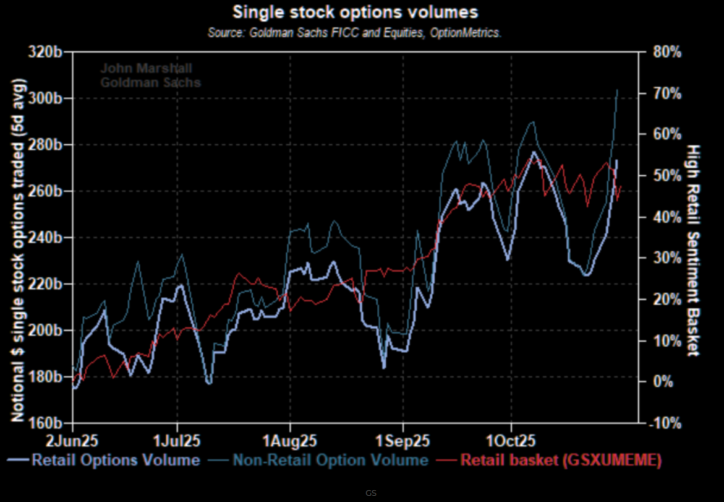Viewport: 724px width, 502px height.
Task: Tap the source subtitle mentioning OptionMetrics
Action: pos(354,32)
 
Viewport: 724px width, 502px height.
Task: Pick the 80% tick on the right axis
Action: pos(666,52)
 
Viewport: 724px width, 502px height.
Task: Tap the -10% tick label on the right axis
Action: pos(666,423)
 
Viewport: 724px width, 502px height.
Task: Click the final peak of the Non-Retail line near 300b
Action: pos(617,90)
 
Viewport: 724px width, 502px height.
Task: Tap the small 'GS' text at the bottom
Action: pos(371,493)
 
